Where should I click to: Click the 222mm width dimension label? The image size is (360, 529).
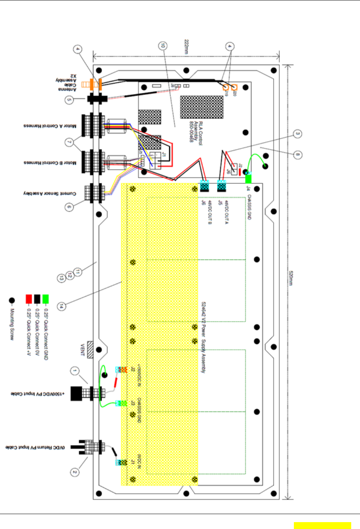click(186, 46)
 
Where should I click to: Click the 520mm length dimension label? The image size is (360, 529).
click(291, 278)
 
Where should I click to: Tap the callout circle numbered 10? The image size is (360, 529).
click(163, 45)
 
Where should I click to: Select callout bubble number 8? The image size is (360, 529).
click(298, 155)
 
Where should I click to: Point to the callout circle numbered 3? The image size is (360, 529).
click(298, 134)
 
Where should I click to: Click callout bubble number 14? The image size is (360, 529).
click(61, 306)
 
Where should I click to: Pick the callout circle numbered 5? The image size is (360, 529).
click(69, 100)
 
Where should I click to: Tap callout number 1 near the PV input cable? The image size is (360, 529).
click(75, 370)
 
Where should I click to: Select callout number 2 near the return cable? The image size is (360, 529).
click(75, 472)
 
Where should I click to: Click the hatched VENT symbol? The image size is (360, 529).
click(90, 350)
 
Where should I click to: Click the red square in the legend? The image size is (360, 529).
click(29, 299)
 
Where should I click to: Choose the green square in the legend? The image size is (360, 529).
click(45, 299)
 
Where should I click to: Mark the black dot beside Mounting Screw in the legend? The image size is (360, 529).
click(12, 301)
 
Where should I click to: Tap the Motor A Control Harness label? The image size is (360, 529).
click(50, 126)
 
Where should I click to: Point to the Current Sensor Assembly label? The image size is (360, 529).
click(50, 193)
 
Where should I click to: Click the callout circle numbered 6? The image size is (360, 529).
click(69, 207)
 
